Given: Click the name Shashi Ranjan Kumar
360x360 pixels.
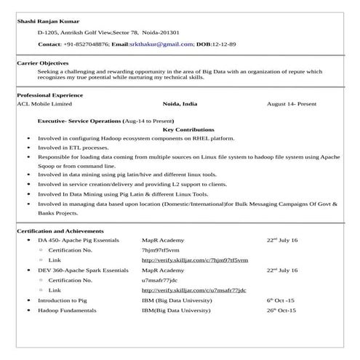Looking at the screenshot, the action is [x=48, y=20].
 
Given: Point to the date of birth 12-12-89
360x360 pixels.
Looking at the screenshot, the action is [x=223, y=44].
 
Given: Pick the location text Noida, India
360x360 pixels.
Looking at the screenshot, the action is [x=180, y=104].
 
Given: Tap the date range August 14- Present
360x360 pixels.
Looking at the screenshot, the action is [x=292, y=104].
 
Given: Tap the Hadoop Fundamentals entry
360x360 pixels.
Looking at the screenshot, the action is [x=67, y=310].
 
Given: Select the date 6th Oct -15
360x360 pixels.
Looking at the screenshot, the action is [x=280, y=300].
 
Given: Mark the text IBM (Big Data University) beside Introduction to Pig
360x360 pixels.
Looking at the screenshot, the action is [x=177, y=300].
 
